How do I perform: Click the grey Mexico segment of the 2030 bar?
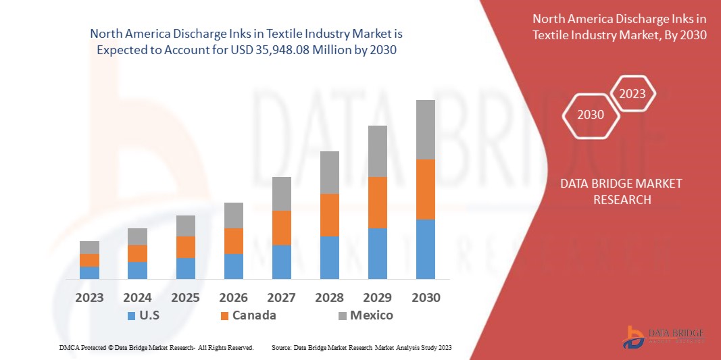coord(425,130)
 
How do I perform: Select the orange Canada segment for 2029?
coord(377,203)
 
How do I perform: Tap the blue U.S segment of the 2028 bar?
coord(329,257)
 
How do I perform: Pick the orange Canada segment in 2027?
coord(282,228)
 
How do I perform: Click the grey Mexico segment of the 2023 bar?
coord(89,247)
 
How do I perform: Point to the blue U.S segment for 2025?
coord(186,268)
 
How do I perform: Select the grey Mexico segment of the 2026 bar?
coord(234,215)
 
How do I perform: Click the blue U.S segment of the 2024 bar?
coord(137,270)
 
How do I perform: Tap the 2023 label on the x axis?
coord(89,297)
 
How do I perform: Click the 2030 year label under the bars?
coord(425,297)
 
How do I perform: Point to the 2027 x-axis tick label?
coord(282,297)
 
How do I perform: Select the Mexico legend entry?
coord(365,315)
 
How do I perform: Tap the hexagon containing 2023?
coord(632,94)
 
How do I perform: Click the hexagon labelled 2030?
coord(591,115)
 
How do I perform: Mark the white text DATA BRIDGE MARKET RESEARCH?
coord(622,191)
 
